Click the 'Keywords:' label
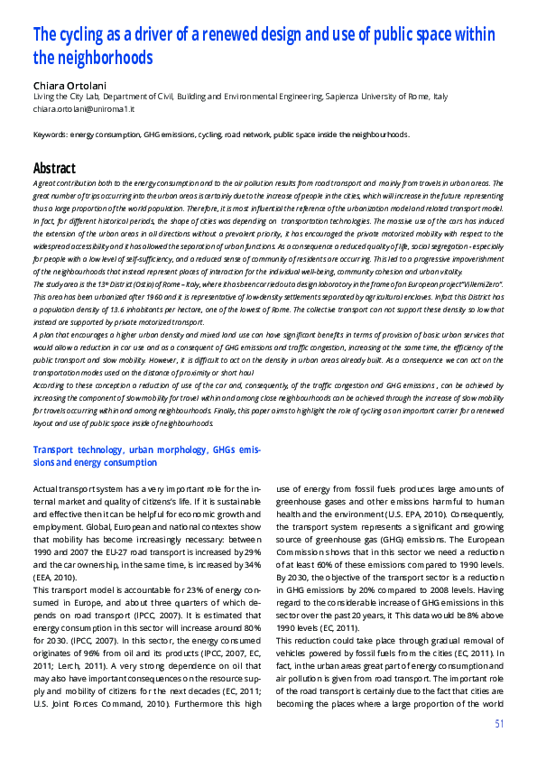point(51,134)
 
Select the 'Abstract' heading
point(54,168)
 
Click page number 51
point(499,725)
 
